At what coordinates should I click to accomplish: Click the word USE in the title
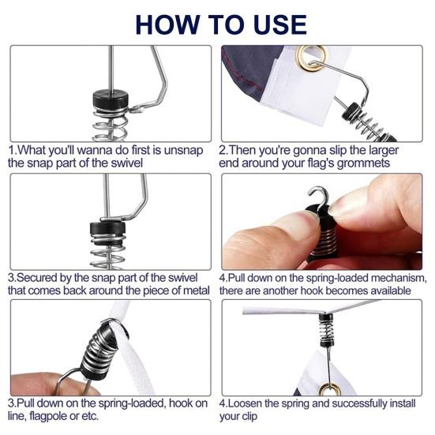pos(279,24)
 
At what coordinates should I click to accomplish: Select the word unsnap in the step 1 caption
pos(183,150)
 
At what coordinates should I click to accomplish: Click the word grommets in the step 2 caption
pos(363,163)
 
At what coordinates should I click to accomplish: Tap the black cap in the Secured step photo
pos(107,227)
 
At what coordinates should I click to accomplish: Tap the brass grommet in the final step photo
pos(329,389)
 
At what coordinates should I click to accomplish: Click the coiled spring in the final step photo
pos(326,329)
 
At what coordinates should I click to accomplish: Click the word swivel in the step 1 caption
pos(126,163)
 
